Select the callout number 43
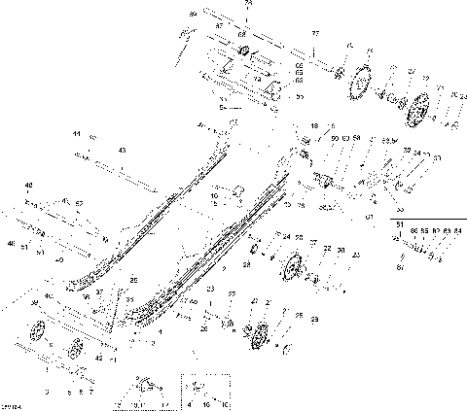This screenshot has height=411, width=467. (x=122, y=150)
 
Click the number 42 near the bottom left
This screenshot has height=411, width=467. (x=98, y=358)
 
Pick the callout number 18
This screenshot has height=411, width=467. (x=313, y=126)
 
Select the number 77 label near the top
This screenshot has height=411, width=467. (x=314, y=33)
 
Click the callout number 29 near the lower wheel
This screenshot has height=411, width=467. (x=300, y=316)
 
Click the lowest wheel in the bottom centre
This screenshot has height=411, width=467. (x=259, y=340)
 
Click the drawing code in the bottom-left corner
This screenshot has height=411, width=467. (x=12, y=404)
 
